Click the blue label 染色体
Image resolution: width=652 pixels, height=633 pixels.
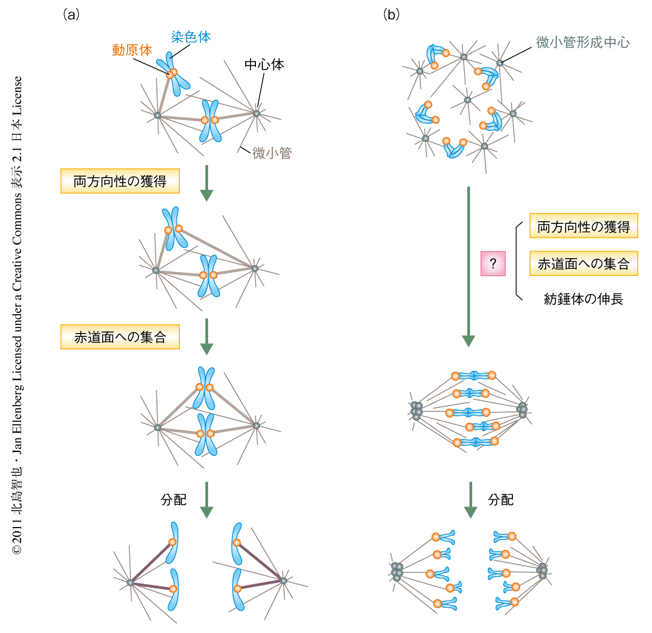point(191,37)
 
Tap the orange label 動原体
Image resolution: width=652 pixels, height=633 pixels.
point(132,50)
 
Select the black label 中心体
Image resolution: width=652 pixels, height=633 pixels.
point(264,65)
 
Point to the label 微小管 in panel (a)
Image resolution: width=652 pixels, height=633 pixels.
point(272,153)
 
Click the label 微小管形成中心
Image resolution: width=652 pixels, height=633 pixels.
point(583,42)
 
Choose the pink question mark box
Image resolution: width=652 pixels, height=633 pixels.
point(493,264)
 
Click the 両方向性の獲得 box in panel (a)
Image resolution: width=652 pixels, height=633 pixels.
point(120,181)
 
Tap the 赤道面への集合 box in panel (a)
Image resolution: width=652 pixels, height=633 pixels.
point(120,337)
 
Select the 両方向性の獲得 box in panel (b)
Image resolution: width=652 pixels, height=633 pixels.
point(584,226)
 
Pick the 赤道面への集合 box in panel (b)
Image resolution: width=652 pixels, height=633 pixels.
point(584,264)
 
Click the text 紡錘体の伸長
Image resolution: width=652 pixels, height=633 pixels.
point(584,299)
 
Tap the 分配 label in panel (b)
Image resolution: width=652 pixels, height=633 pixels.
point(501,500)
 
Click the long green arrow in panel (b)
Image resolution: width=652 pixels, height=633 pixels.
point(468,266)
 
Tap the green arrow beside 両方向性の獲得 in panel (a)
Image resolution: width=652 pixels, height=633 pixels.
point(206,183)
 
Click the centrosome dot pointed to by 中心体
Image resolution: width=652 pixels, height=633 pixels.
point(256,114)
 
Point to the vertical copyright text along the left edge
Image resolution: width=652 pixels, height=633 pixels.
point(17,315)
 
